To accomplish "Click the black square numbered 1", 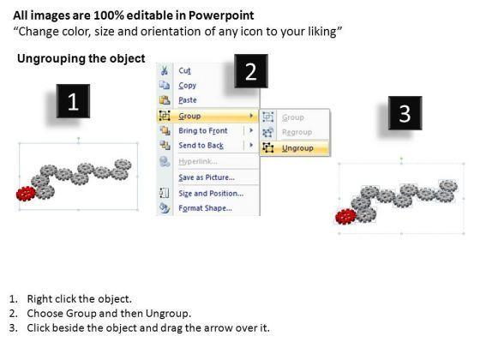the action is click(x=73, y=101).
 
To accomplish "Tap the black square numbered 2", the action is click(x=251, y=71).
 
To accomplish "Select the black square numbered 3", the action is click(x=405, y=113).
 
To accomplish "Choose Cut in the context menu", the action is click(x=184, y=70).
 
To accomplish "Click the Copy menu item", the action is click(x=188, y=86).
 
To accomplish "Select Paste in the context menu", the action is click(x=188, y=100).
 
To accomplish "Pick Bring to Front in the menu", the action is click(x=203, y=130).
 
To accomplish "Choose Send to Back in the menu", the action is click(x=201, y=146).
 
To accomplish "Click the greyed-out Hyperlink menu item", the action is click(x=198, y=161).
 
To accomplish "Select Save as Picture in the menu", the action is click(x=207, y=177).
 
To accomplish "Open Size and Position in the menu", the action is click(x=211, y=194).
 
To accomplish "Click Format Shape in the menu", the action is click(x=205, y=208).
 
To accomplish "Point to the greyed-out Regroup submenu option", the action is click(x=297, y=132).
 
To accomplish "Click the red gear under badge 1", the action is click(x=26, y=194).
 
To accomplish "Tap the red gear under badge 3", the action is click(x=346, y=216).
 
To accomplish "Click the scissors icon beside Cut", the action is click(x=165, y=70).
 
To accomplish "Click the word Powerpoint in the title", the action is click(x=221, y=15).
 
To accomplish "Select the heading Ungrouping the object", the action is click(x=81, y=58).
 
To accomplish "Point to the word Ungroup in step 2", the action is click(x=168, y=313).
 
